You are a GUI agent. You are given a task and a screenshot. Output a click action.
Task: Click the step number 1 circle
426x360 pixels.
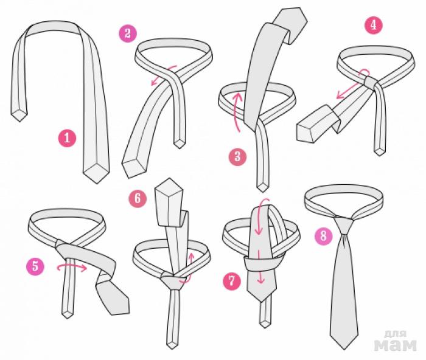[67, 138]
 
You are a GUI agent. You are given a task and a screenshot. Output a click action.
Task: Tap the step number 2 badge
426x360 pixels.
[128, 33]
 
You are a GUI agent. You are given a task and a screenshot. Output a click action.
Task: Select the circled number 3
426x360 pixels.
[238, 157]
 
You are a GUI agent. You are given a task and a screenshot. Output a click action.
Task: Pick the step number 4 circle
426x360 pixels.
[374, 26]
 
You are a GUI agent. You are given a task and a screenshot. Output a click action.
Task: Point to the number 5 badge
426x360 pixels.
[35, 266]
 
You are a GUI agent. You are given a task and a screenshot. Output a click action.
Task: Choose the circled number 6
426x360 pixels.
[138, 198]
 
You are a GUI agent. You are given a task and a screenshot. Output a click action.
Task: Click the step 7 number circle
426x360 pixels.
[232, 281]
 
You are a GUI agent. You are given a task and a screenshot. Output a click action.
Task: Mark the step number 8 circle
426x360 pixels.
[324, 236]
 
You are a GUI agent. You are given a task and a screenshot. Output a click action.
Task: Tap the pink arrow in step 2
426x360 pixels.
[163, 75]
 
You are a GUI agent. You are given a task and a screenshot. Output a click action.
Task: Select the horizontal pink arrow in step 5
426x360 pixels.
[72, 268]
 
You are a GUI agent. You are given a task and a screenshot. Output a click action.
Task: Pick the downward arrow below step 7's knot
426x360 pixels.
[261, 267]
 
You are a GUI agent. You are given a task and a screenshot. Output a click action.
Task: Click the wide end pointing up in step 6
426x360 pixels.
[169, 202]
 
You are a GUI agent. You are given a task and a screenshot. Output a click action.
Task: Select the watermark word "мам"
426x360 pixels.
[396, 345]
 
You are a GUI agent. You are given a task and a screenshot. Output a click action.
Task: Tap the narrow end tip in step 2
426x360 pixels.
[180, 145]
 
